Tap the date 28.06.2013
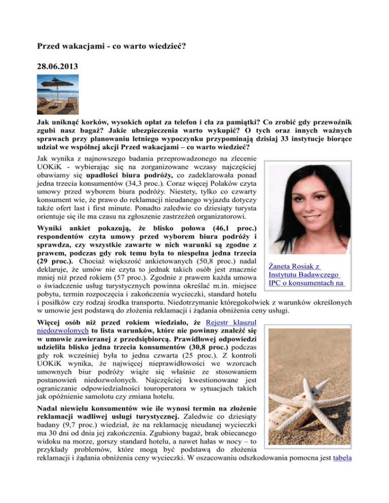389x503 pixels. (x=60, y=66)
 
